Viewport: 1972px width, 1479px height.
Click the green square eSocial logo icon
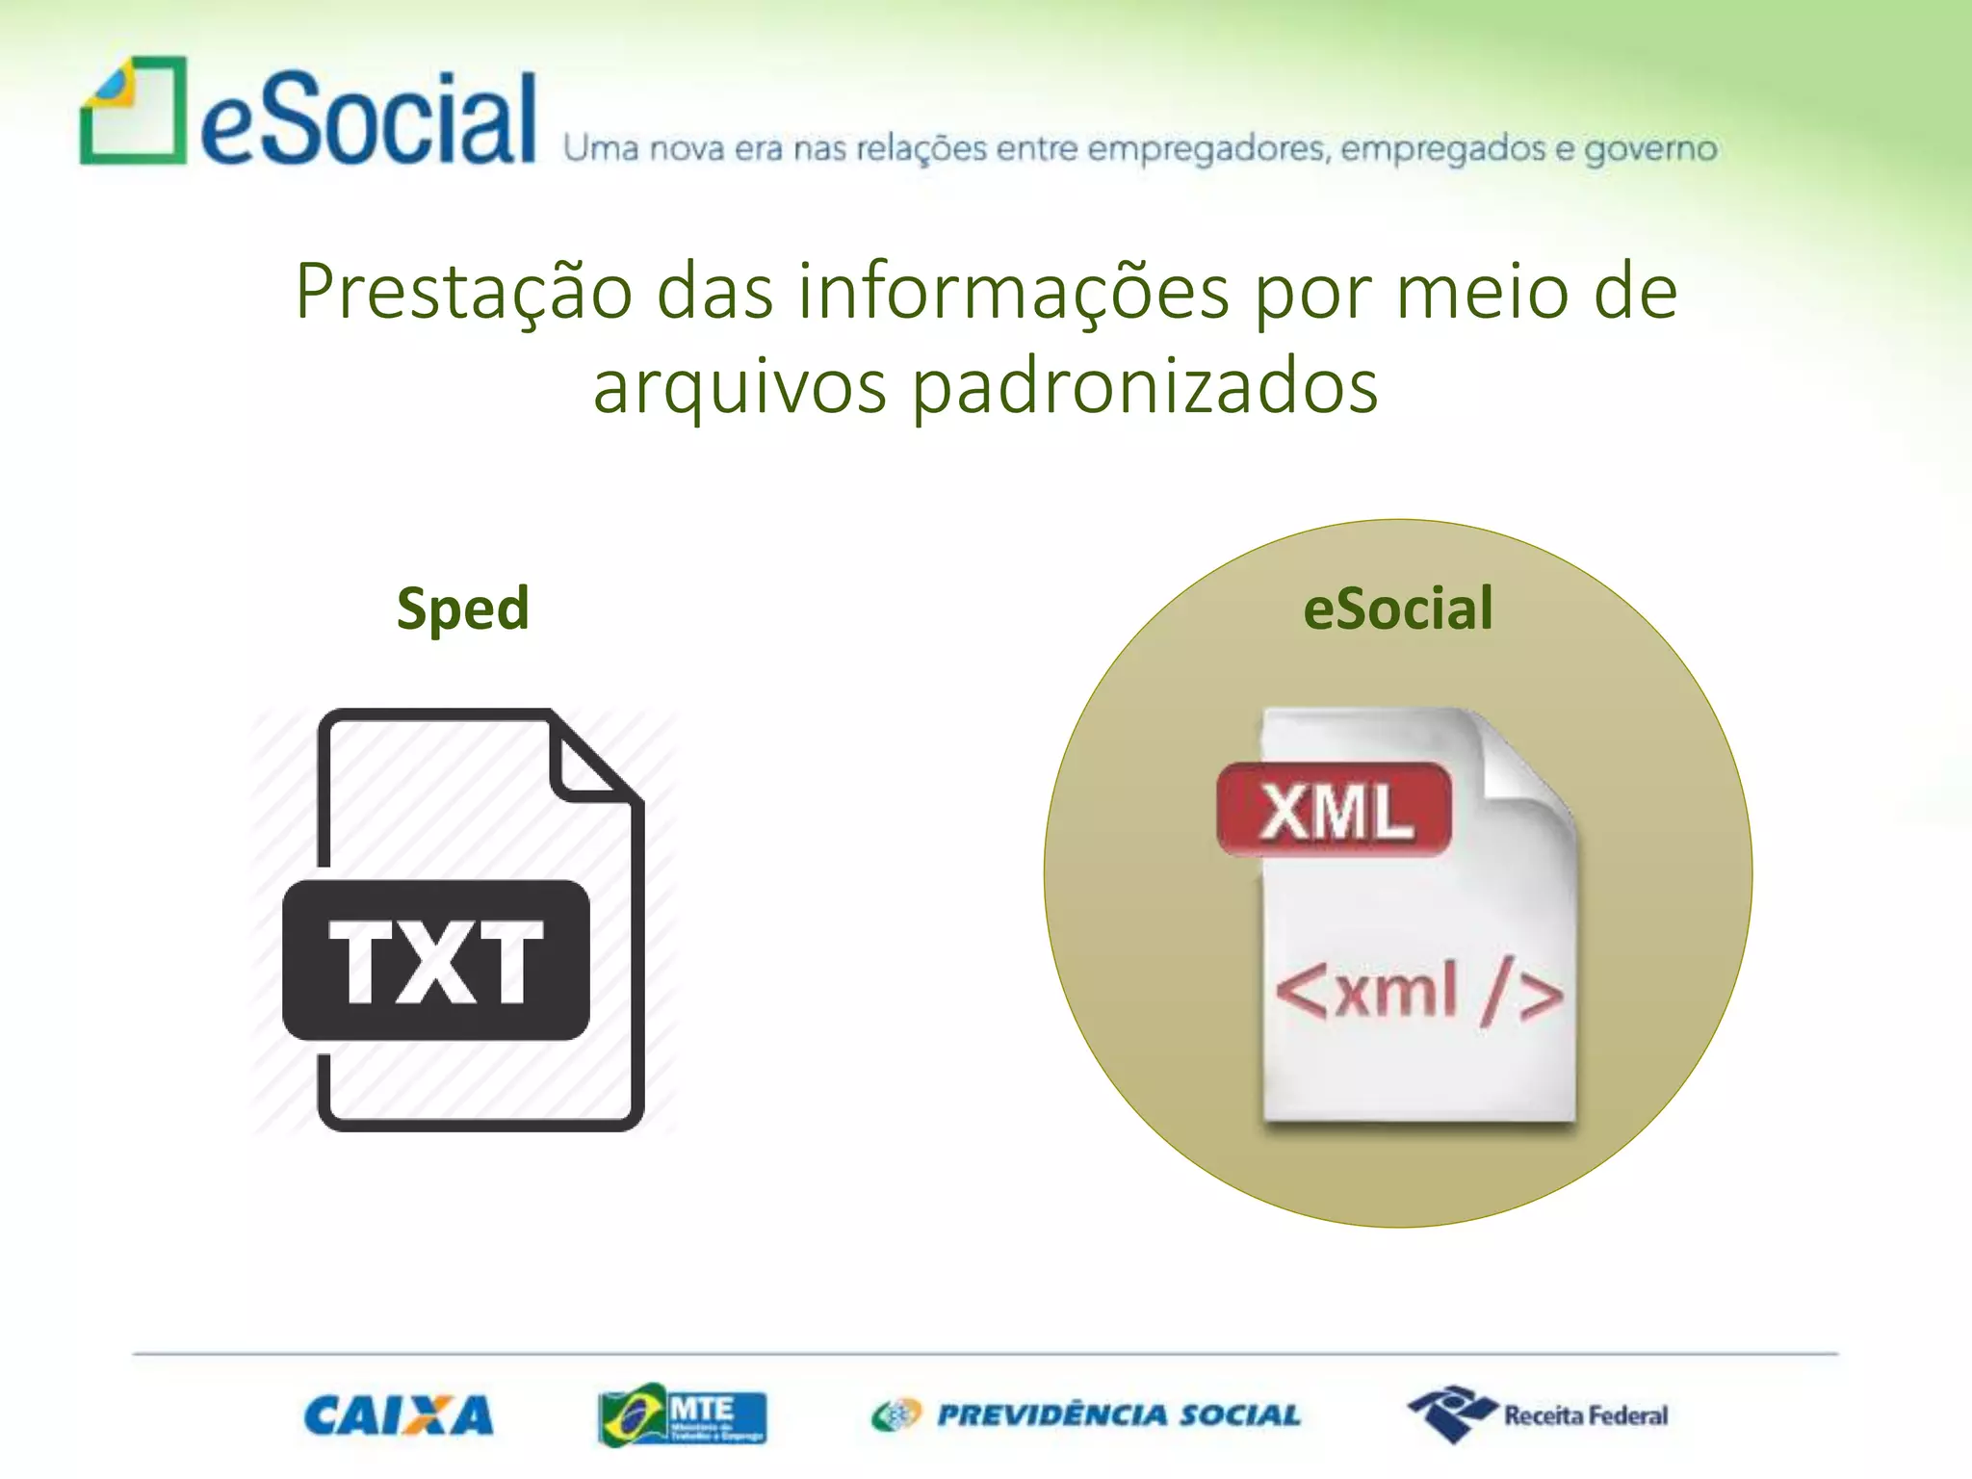coord(133,111)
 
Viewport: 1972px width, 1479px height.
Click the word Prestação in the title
coord(463,293)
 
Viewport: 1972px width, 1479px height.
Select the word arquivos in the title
coord(739,387)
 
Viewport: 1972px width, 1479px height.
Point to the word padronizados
coord(1145,387)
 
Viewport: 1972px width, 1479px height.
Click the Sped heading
coord(463,609)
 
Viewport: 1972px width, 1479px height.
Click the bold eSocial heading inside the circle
coord(1397,609)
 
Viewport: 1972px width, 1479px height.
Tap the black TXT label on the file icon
coord(436,960)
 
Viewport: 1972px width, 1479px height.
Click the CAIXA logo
coord(398,1415)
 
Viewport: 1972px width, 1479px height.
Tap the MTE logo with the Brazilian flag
coord(682,1415)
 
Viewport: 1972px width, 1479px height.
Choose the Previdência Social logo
coord(1086,1415)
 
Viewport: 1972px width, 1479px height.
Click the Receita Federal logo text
coord(1585,1415)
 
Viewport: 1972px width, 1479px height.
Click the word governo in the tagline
coord(1650,149)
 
